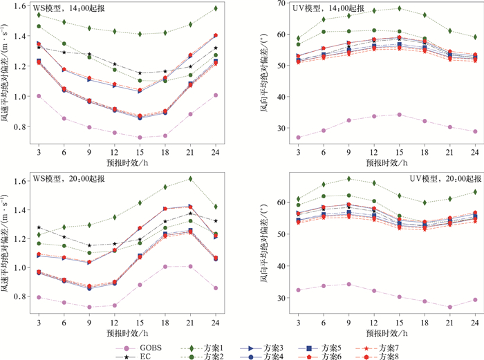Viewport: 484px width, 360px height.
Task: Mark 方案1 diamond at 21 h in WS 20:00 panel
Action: (x=190, y=178)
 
